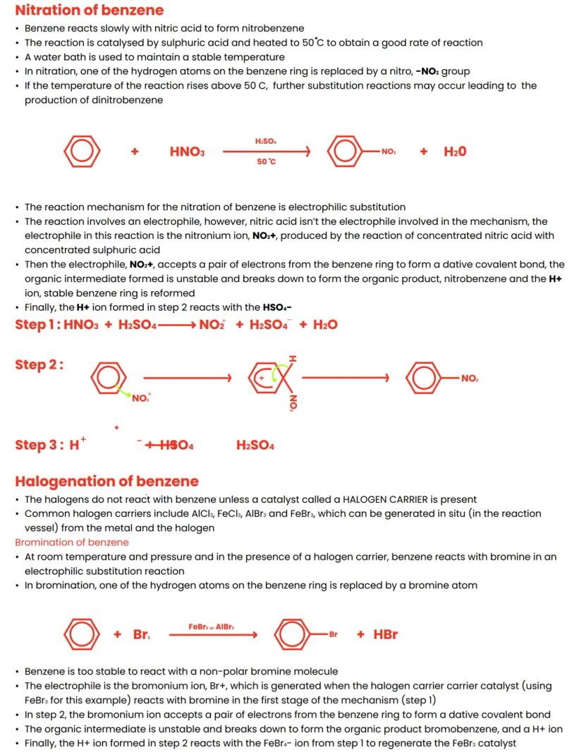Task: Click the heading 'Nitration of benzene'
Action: [89, 11]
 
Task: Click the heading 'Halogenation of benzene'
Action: [107, 481]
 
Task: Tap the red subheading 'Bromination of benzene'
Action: [72, 542]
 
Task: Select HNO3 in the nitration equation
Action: [187, 152]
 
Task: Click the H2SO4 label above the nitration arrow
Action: [265, 142]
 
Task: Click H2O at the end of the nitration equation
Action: [455, 152]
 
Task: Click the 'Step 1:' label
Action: [37, 324]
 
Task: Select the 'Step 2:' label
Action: [39, 364]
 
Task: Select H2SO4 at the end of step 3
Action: [255, 445]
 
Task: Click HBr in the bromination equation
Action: [386, 634]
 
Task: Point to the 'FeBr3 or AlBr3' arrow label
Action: [212, 626]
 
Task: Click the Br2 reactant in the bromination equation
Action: [141, 634]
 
